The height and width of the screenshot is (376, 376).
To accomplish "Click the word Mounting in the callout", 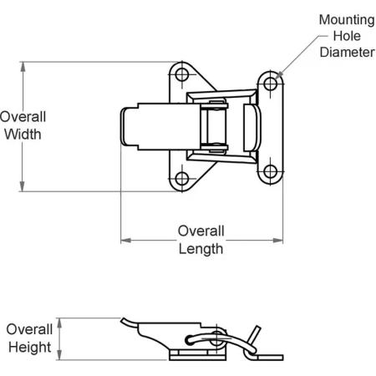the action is click(x=347, y=20).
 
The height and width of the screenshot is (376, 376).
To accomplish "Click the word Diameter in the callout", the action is click(x=347, y=53).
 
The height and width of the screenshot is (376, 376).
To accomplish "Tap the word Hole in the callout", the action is click(x=347, y=36).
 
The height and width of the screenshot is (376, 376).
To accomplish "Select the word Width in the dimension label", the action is click(x=23, y=135).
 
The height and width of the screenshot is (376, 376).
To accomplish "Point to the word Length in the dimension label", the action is click(x=201, y=249).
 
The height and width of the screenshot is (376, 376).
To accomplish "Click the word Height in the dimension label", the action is click(x=29, y=348).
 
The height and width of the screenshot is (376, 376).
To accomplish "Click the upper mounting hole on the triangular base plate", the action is click(x=182, y=74).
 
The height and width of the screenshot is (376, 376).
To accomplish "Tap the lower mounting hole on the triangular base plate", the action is click(x=182, y=179).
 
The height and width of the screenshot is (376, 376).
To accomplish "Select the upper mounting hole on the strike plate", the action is click(x=270, y=84).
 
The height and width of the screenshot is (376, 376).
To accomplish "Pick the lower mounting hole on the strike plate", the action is click(x=270, y=171).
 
